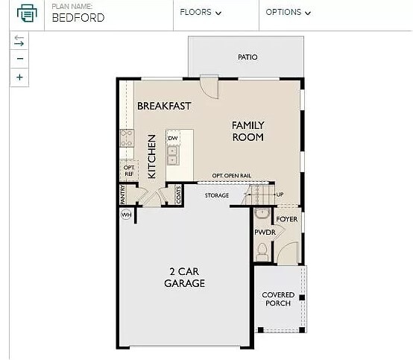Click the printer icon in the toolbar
[26, 13]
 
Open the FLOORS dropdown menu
[201, 13]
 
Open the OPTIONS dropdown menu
[288, 13]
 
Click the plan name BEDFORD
[78, 18]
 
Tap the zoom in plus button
[20, 77]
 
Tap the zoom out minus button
[20, 59]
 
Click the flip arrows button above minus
[20, 41]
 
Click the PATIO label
[248, 57]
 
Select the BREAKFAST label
[164, 106]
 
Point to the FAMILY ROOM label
[248, 131]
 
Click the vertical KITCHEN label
[151, 156]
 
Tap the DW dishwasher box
[172, 139]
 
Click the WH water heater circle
[125, 215]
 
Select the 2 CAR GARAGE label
[184, 277]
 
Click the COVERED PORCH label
[278, 300]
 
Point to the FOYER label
[287, 220]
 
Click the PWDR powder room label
[265, 233]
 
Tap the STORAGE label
[217, 196]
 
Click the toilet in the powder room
[262, 253]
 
